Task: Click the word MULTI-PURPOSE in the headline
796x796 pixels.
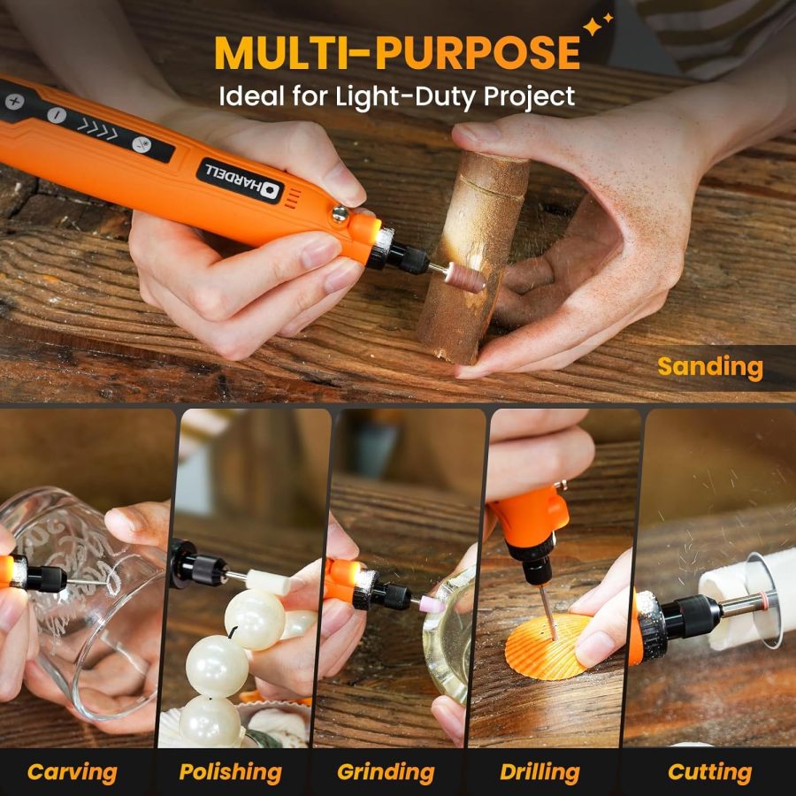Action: click(396, 53)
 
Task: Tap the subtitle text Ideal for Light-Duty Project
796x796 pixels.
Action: click(397, 96)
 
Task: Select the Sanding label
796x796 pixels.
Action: click(710, 367)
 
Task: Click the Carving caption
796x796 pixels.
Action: click(72, 771)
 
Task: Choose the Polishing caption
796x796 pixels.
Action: click(230, 771)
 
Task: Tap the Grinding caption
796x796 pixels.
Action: click(386, 771)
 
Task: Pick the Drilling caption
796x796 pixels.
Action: click(540, 771)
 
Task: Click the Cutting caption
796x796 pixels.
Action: click(709, 771)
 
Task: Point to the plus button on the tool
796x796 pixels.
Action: click(15, 102)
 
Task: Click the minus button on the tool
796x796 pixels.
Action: click(56, 115)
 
